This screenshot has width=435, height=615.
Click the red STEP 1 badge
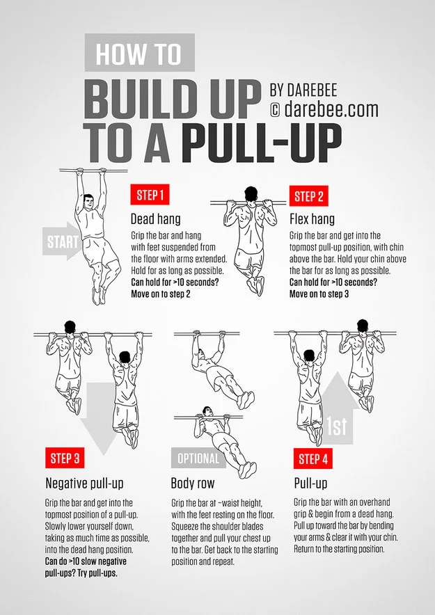[150, 195]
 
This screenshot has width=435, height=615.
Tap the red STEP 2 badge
[309, 196]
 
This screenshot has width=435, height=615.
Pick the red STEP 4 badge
[313, 459]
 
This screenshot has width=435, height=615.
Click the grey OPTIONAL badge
[198, 458]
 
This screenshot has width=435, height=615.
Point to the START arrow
[61, 243]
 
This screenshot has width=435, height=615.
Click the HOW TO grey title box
[139, 53]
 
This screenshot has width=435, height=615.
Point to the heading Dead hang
[155, 218]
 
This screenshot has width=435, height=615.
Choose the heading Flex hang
[312, 219]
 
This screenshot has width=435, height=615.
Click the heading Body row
[193, 483]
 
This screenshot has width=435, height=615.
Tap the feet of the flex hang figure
[255, 285]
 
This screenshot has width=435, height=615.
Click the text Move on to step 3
[319, 294]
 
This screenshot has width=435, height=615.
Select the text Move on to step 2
[161, 294]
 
